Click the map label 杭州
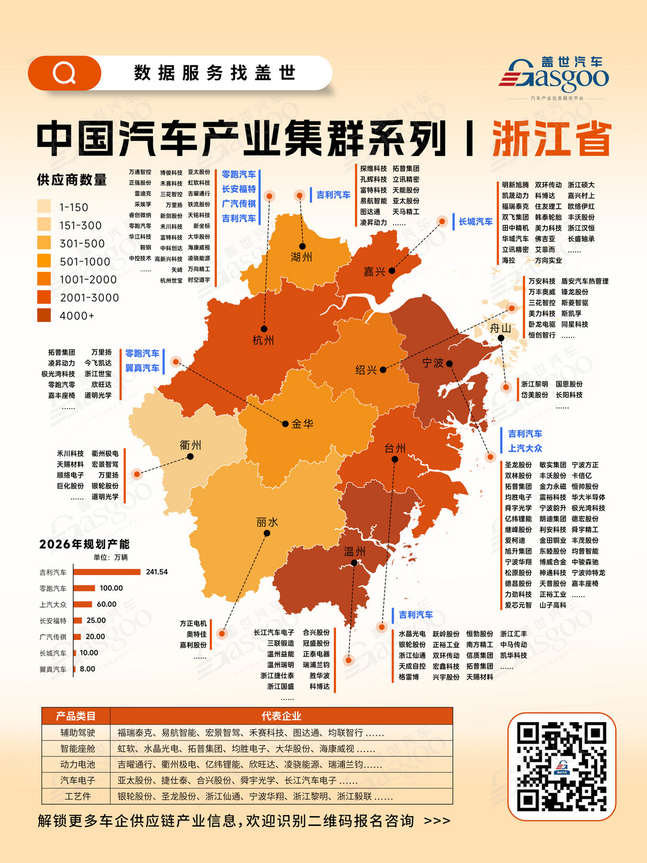263,340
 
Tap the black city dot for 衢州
190,457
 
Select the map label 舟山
501,328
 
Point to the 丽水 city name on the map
267,522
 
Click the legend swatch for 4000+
44,315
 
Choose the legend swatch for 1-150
44,207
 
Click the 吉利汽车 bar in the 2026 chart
107,572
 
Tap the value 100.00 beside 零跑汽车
111,588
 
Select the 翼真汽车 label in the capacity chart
53,669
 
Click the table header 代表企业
281,716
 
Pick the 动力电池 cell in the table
77,764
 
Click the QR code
562,767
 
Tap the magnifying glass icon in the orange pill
64,73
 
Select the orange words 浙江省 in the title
552,139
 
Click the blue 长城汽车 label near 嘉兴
476,222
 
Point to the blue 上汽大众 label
525,448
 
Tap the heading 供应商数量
72,180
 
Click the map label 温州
355,551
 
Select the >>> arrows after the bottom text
437,820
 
